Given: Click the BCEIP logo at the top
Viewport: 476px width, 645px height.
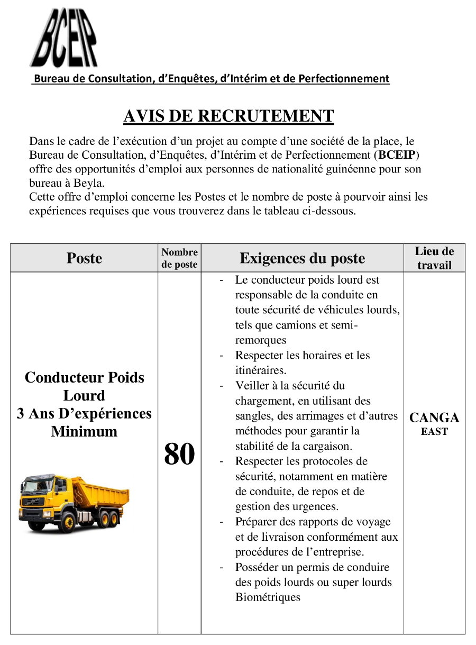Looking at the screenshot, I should click(63, 38).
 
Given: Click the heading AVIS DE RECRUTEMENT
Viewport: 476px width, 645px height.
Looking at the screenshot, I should click(228, 116).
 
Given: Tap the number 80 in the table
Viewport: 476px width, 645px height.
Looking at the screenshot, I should click(179, 454).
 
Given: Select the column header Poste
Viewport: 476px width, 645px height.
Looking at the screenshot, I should click(84, 258).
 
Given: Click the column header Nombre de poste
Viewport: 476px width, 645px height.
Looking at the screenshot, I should click(179, 258).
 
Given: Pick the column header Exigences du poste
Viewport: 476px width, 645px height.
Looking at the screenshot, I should click(302, 258).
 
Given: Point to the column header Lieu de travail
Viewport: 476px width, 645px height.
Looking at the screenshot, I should click(434, 258).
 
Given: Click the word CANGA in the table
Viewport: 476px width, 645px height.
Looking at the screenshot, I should click(434, 418).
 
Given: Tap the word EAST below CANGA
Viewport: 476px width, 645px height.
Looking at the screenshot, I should click(434, 432).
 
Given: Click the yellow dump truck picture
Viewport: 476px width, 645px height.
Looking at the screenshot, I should click(74, 503).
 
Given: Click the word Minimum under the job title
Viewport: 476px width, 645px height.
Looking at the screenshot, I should click(84, 431).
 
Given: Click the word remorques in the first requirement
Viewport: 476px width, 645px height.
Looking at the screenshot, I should click(261, 340).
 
